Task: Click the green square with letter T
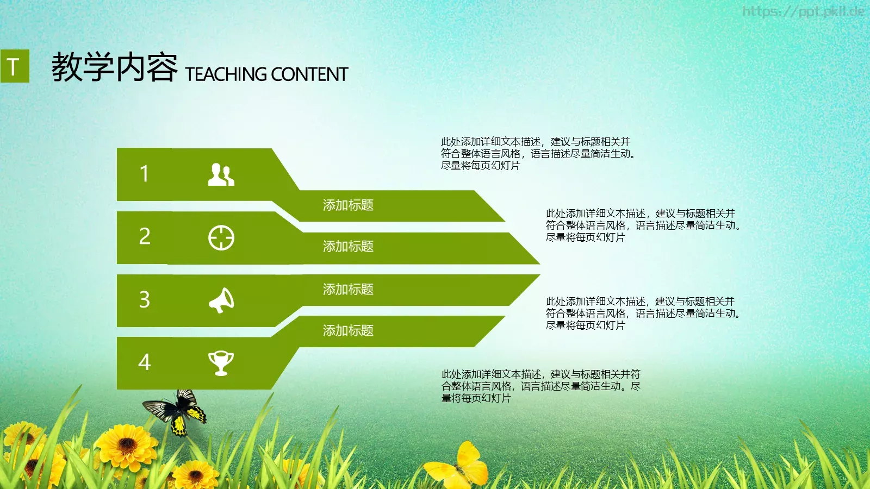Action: point(15,66)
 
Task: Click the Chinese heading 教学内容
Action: point(114,67)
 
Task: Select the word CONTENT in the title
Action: point(309,74)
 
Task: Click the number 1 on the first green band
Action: point(144,174)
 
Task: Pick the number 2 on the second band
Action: point(145,236)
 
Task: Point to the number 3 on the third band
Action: point(144,299)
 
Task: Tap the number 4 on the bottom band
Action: point(144,362)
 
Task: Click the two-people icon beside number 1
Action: point(221,174)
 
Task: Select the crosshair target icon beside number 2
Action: point(221,237)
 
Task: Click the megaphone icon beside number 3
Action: point(221,300)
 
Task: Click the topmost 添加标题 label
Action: point(348,205)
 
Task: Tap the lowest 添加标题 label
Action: point(348,330)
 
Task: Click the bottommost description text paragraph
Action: point(540,386)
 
